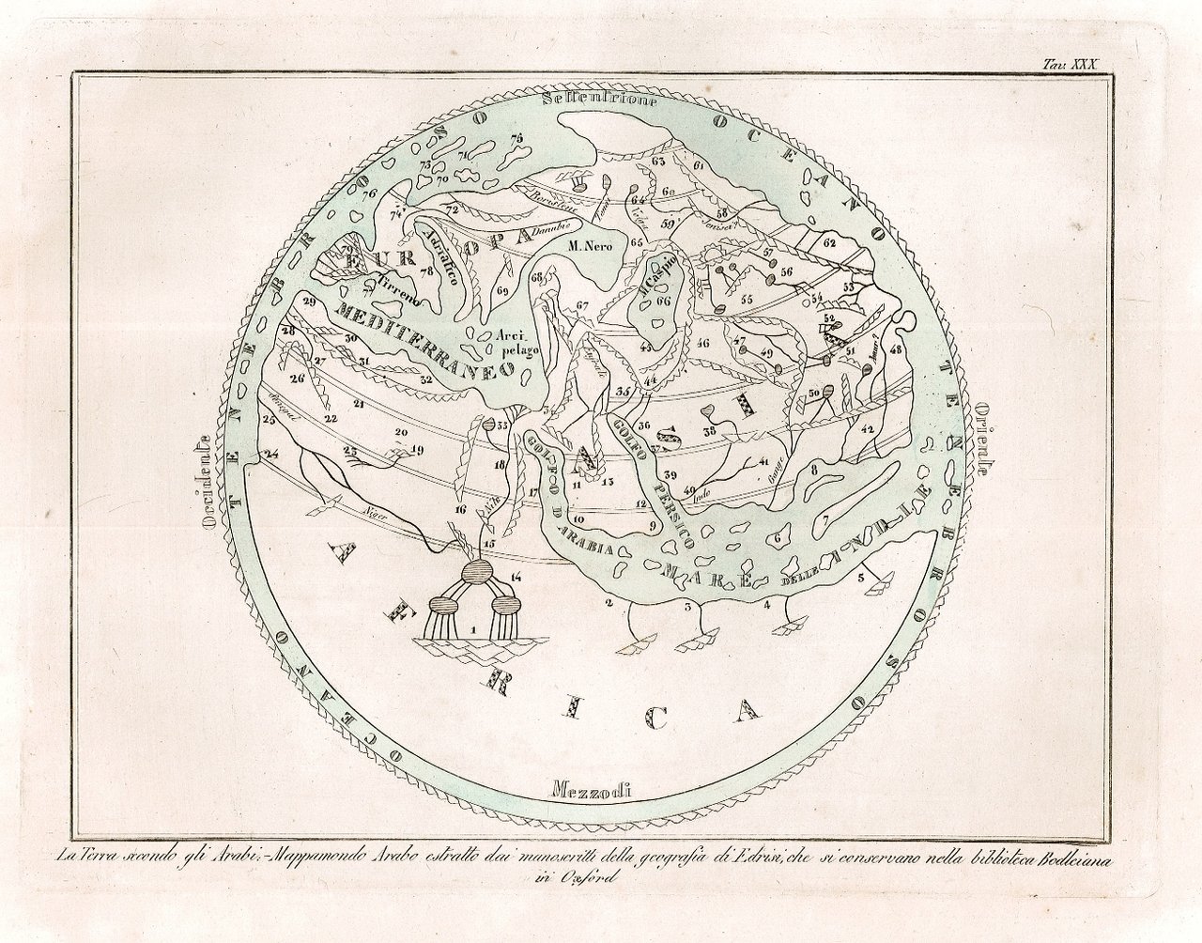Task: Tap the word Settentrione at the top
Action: pyautogui.click(x=589, y=100)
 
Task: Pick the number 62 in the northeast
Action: pyautogui.click(x=829, y=242)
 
